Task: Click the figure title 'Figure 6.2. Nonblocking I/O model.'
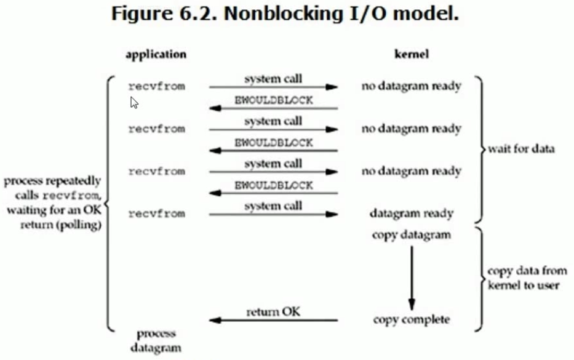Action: coord(285,15)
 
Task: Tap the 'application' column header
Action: coord(156,54)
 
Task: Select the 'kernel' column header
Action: coord(411,54)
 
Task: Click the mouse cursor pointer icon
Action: coord(134,102)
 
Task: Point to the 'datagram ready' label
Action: coord(411,214)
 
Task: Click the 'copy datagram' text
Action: coord(411,235)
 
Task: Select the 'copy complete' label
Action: coord(411,320)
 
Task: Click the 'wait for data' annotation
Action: coord(520,149)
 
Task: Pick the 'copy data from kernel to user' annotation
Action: coord(527,278)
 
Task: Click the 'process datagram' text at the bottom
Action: coord(156,340)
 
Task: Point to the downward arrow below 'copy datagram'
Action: coord(411,277)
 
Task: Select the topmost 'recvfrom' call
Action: coord(156,87)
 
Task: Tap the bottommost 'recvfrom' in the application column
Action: coord(156,214)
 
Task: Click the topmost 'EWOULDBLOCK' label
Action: coord(273,100)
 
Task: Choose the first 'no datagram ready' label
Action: coord(411,87)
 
